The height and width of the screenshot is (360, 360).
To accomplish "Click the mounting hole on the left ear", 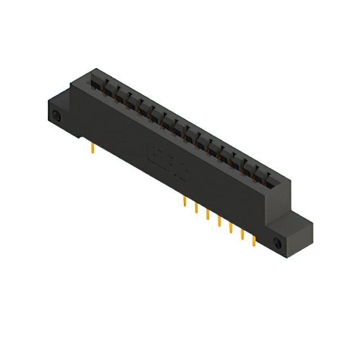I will coord(56,116).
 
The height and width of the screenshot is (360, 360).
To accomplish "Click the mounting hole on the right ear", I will coord(277,243).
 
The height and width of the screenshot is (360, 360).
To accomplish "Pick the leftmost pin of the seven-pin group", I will coord(184,202).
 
